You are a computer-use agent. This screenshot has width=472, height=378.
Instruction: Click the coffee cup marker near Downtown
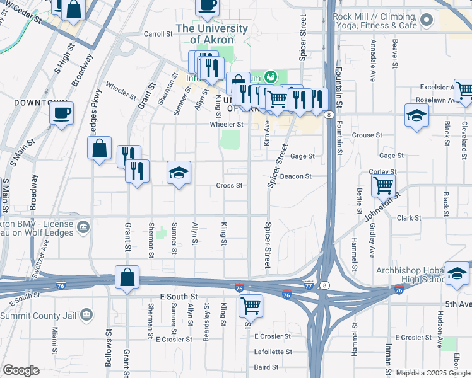(x=61, y=114)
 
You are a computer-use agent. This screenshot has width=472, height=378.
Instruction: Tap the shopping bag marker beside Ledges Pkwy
(x=99, y=149)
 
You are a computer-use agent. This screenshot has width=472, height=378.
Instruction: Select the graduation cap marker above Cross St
(x=179, y=173)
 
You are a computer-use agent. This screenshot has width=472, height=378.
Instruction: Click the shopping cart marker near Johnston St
(x=383, y=186)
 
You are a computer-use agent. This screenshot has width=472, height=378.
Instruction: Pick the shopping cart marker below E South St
(x=251, y=306)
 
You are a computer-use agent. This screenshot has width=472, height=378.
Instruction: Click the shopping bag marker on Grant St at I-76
(x=127, y=278)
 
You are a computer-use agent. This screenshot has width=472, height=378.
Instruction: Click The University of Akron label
(x=211, y=34)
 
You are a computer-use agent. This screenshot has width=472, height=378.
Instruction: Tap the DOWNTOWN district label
(x=41, y=102)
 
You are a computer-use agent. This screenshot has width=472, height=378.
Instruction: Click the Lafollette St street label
(x=273, y=352)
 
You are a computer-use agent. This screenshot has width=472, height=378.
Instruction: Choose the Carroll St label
(x=158, y=34)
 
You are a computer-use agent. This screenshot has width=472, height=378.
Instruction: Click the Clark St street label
(x=409, y=218)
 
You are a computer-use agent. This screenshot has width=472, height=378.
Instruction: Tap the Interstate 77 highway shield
(x=309, y=285)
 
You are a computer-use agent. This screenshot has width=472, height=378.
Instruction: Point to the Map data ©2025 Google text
(x=433, y=373)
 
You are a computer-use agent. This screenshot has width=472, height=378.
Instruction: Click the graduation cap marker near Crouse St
(x=416, y=116)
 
